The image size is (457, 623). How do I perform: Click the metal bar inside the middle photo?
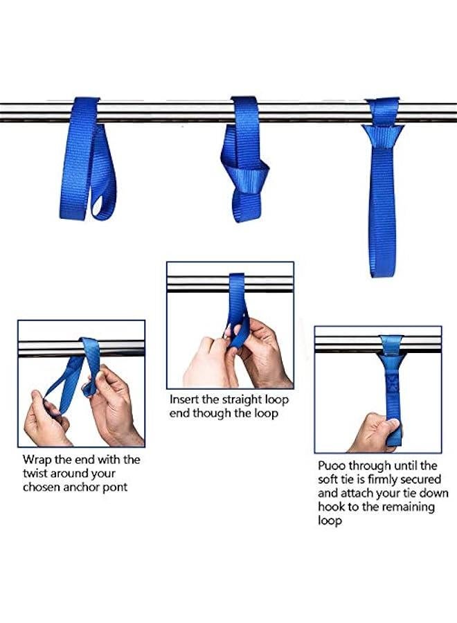pos(201,283)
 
